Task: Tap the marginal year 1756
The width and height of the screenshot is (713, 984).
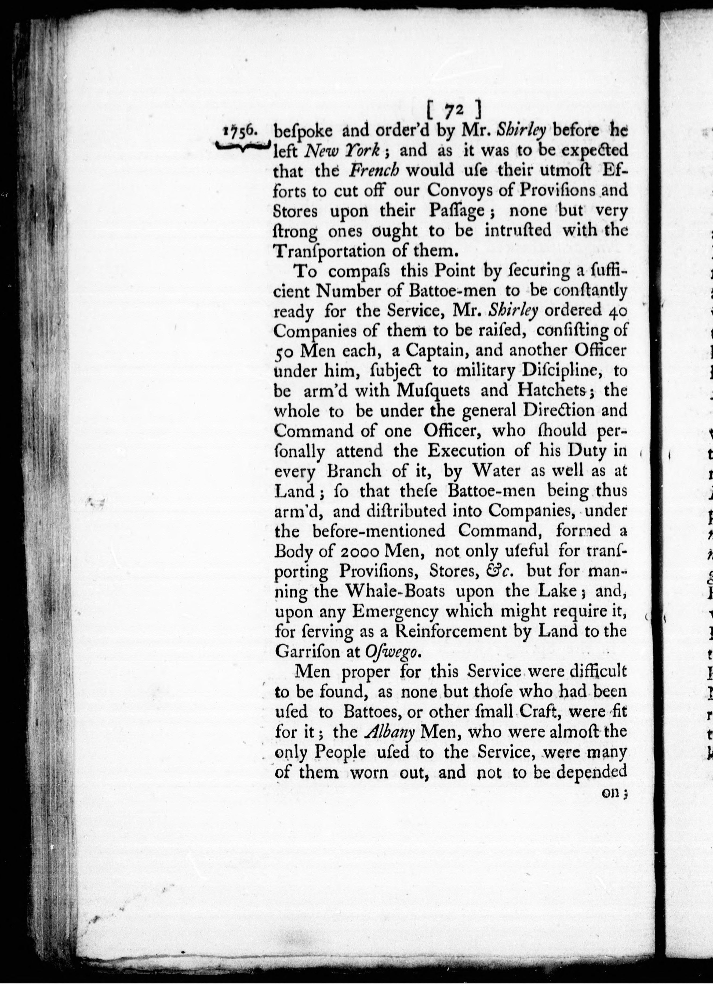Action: click(242, 132)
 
